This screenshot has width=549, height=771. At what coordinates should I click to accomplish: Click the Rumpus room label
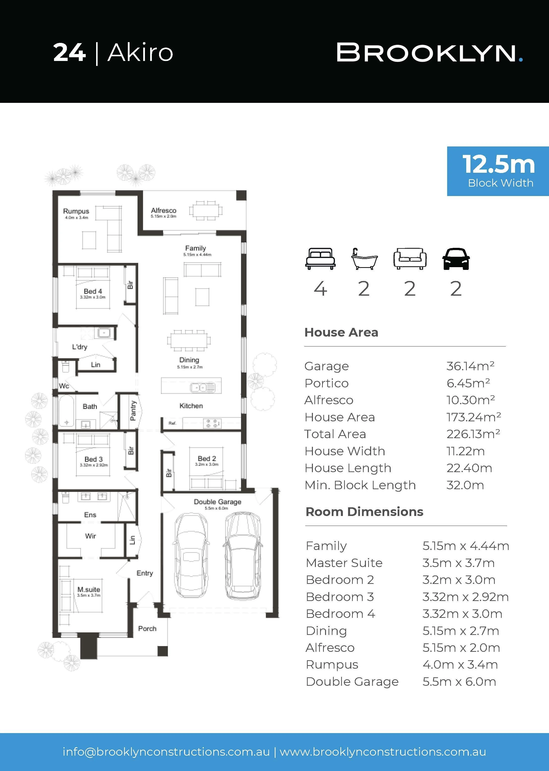[76, 211]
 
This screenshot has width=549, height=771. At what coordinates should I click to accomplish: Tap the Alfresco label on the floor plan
[164, 210]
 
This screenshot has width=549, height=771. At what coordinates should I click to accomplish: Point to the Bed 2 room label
[207, 458]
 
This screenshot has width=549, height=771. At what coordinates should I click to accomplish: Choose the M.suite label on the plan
[89, 589]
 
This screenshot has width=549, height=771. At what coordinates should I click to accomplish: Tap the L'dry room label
[80, 347]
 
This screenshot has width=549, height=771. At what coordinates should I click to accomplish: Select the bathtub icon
[364, 259]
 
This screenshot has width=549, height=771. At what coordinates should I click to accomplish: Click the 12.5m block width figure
[499, 164]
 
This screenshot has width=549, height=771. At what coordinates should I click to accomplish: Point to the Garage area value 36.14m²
[470, 366]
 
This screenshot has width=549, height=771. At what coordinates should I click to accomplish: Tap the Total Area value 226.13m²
[473, 434]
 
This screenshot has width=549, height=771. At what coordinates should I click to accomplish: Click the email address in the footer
[166, 752]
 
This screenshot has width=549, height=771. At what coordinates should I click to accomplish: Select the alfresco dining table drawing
[206, 211]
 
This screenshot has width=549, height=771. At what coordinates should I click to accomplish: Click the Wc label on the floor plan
[64, 386]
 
